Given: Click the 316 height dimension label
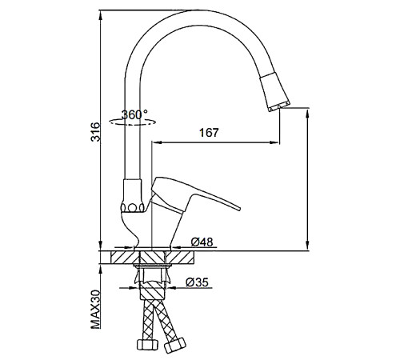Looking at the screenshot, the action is pos(96,132).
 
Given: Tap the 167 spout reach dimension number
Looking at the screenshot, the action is pos(209,133).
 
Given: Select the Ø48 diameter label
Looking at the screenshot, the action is pos(202,242).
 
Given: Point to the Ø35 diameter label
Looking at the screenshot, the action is pos(197,282).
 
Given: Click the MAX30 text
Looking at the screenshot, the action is pos(96,310).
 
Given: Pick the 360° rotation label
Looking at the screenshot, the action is pos(134,114).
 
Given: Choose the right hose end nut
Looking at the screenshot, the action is pos(175,345).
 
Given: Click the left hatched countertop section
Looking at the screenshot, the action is pos(125,257).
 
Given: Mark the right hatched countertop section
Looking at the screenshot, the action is pos(180,257).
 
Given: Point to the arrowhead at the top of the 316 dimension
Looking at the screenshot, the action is pos(100,15).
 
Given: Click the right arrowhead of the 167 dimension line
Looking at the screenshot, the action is pos(274,142).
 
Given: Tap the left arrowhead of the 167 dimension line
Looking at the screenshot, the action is pos(157,142).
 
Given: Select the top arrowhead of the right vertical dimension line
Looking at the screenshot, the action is pos(308,113).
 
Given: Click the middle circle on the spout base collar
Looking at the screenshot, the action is pos(132,207).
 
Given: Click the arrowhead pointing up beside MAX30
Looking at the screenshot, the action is pos(100,270).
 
